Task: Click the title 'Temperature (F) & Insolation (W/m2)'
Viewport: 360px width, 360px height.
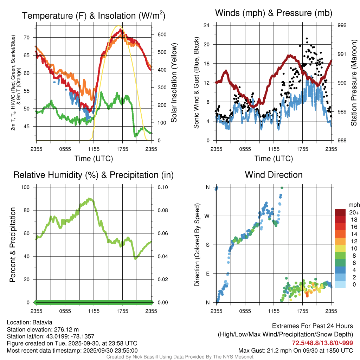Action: (94, 15)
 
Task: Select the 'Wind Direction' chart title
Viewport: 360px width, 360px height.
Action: (274, 174)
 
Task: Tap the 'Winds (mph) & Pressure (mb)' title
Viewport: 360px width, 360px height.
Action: (274, 13)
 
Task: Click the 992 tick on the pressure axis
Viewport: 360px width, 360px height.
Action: (342, 25)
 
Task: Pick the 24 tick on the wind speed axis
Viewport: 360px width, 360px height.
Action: (207, 25)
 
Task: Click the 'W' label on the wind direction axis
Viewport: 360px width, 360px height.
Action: (207, 216)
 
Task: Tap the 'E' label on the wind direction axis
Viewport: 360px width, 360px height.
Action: (207, 274)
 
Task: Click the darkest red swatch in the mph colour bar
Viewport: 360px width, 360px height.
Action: (341, 212)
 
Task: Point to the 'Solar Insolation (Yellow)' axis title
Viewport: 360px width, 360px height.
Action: (174, 83)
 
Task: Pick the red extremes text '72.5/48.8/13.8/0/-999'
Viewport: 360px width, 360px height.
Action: (322, 343)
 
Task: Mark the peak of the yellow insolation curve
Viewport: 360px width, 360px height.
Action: (119, 26)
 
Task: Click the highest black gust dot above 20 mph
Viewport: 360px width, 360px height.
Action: (307, 38)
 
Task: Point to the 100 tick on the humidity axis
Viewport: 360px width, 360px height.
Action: (30, 187)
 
